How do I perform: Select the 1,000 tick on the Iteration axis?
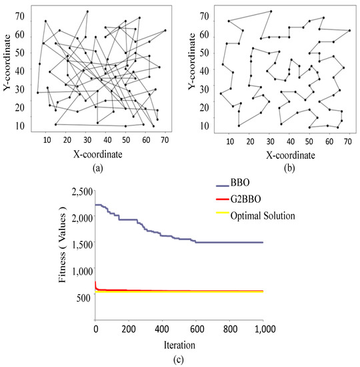tap(263, 329)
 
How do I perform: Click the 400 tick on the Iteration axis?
tap(162, 329)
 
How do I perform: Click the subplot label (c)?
tap(179, 360)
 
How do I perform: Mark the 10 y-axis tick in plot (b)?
tap(204, 125)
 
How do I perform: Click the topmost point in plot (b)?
tap(271, 11)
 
